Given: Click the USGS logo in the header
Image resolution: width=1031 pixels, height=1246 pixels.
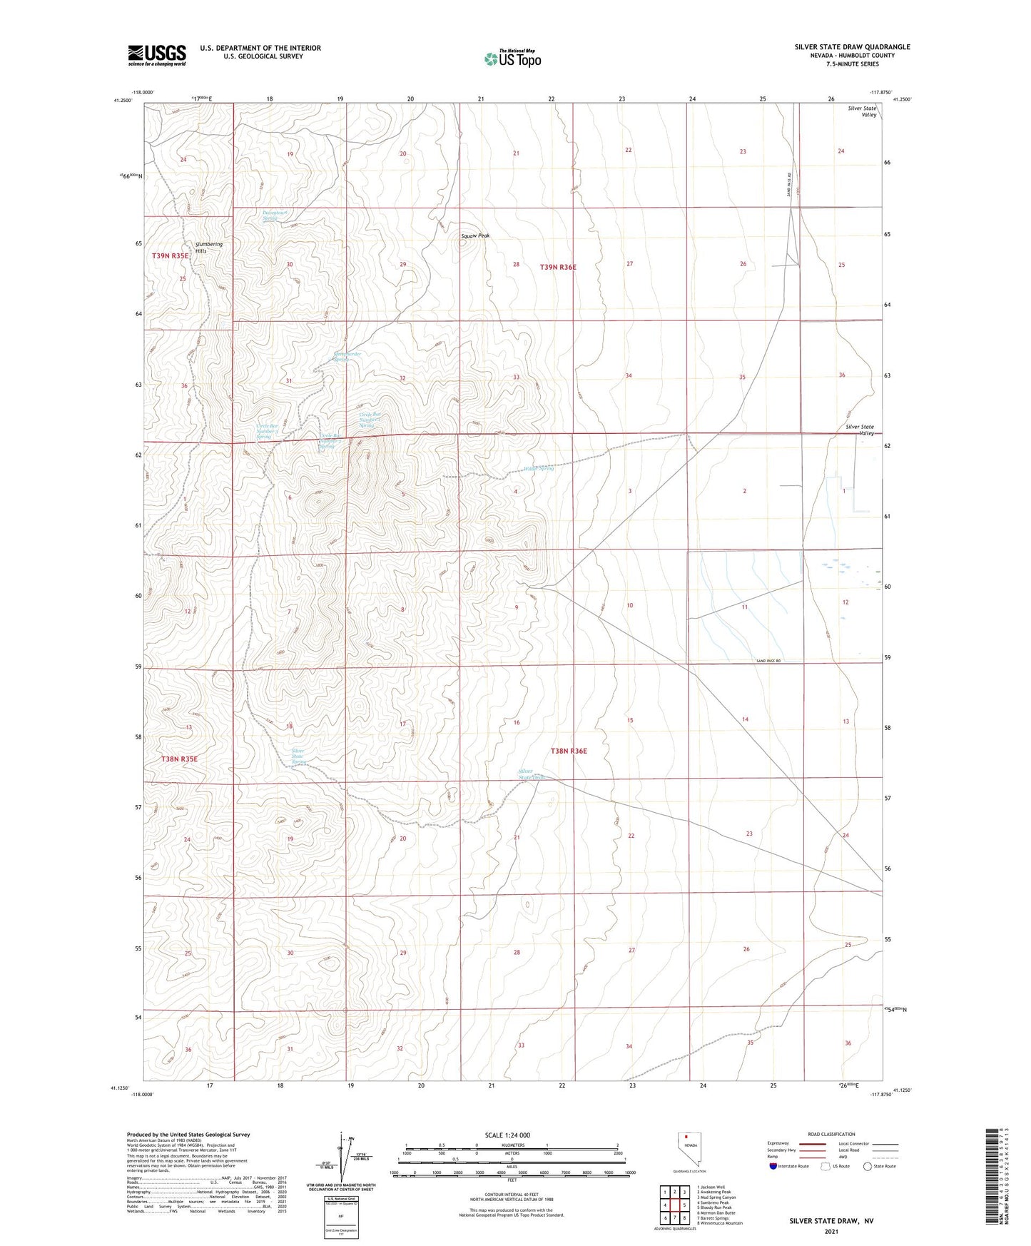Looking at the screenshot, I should point(157,54).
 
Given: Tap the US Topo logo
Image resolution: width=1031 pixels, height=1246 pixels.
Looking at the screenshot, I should point(512,58).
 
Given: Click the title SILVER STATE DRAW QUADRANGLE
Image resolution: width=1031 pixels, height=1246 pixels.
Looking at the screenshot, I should point(852,47).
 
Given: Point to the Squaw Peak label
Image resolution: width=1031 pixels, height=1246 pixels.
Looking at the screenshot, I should point(475,235).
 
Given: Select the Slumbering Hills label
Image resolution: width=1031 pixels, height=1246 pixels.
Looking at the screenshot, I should point(209,248).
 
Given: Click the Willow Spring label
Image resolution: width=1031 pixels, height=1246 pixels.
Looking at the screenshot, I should point(539,469).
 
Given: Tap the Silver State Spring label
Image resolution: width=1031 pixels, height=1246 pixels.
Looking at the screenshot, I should point(298,756).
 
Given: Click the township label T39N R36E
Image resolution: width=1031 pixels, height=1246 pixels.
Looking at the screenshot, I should point(558,267).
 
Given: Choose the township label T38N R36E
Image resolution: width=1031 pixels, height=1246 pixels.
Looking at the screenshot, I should point(569,751).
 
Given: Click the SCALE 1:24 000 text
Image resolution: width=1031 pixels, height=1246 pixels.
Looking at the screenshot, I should point(507,1135).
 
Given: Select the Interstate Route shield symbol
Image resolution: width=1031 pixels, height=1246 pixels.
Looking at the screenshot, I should point(773,1166).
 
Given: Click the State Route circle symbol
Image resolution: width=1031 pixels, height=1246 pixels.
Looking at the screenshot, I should point(868,1166).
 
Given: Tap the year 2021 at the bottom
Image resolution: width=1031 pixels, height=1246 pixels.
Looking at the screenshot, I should point(831,1231).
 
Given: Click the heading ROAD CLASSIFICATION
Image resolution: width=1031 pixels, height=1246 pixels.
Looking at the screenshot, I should point(831,1134).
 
